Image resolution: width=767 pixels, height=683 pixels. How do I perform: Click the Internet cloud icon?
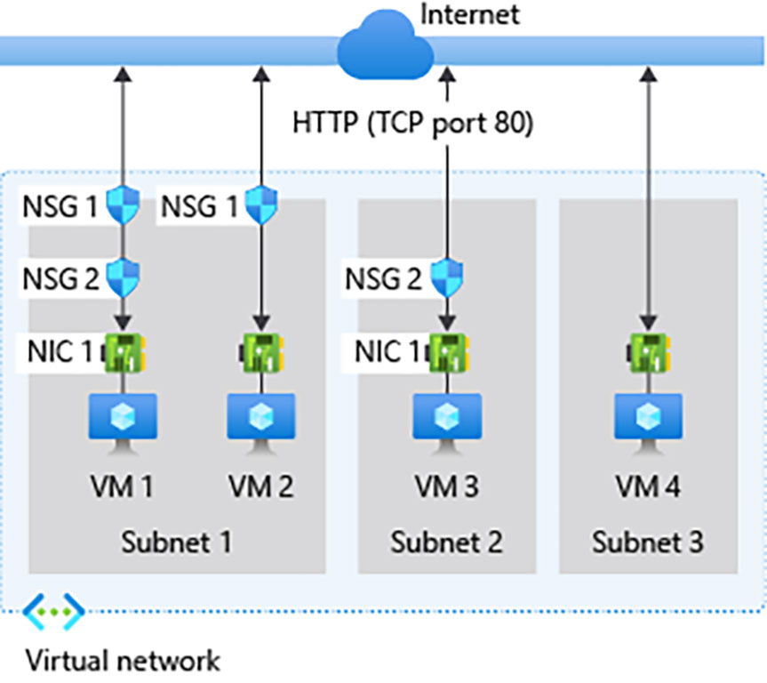pyautogui.click(x=385, y=46)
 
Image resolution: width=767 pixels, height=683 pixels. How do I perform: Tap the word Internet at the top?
pyautogui.click(x=469, y=14)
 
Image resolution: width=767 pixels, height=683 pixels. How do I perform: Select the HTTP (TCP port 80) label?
pyautogui.click(x=412, y=123)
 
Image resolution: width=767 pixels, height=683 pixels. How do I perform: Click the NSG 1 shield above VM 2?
pyautogui.click(x=261, y=205)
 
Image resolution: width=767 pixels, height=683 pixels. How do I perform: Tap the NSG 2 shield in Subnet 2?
pyautogui.click(x=447, y=278)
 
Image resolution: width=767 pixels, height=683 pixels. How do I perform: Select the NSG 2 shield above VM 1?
pyautogui.click(x=123, y=278)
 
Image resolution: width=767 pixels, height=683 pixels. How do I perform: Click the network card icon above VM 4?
pyautogui.click(x=649, y=352)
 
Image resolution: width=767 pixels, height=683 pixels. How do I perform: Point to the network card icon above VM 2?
pyautogui.click(x=262, y=352)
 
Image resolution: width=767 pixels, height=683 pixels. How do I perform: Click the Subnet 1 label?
pyautogui.click(x=177, y=542)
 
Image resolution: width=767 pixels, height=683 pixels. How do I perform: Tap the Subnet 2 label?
pyautogui.click(x=446, y=542)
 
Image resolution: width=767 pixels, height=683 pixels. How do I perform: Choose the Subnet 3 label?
pyautogui.click(x=648, y=542)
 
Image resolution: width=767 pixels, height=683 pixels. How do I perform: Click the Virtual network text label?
pyautogui.click(x=123, y=661)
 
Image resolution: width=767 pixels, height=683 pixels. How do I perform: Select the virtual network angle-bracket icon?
pyautogui.click(x=53, y=612)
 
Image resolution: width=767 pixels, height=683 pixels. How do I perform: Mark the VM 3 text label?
pyautogui.click(x=446, y=486)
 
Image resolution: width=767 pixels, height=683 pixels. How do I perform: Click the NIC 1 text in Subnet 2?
pyautogui.click(x=387, y=351)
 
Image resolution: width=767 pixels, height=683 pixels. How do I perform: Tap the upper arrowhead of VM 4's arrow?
pyautogui.click(x=649, y=75)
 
